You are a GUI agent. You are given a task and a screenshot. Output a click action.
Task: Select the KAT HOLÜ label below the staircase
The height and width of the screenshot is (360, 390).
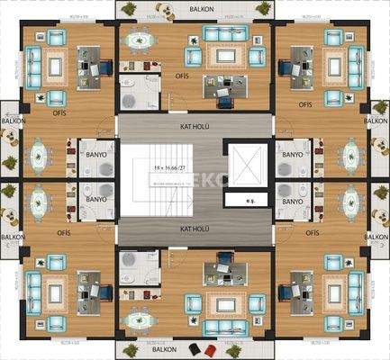(x=195, y=229)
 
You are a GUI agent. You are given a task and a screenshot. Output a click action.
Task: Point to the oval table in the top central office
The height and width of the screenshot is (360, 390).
(x=140, y=40)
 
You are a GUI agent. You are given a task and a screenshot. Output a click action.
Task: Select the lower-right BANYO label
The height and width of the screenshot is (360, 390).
(x=292, y=203)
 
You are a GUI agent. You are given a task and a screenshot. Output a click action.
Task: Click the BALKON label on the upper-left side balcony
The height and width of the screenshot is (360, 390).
(x=12, y=120)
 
